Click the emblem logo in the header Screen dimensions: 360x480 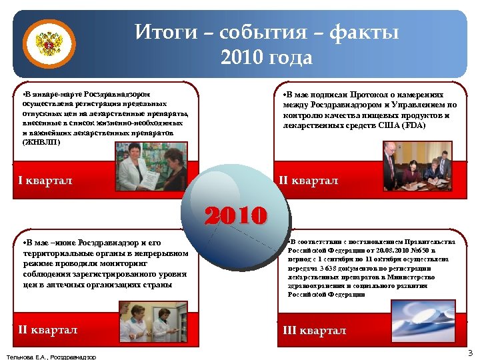(x=48, y=45)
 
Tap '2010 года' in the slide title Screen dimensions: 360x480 (x=266, y=58)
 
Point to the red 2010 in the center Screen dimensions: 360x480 (x=236, y=215)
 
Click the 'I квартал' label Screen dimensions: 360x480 (x=45, y=181)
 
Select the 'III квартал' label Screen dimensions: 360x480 (x=315, y=331)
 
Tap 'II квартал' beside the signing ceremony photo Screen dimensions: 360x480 (x=307, y=181)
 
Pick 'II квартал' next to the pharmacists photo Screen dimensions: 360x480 (x=48, y=330)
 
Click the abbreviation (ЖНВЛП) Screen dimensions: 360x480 (x=41, y=142)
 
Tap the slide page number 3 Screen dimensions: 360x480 (x=469, y=353)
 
